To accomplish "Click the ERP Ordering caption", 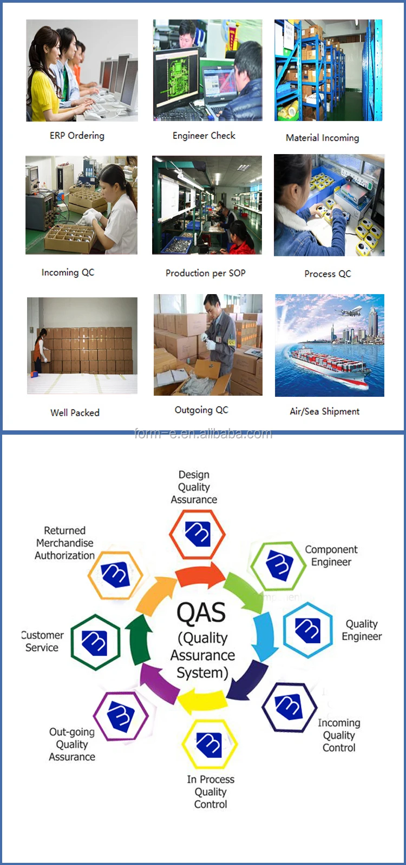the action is pos(77,136).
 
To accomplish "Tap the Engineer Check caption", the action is pos(204,136).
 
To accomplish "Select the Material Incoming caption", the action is pos(322,138).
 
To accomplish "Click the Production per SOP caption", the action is pos(205,273).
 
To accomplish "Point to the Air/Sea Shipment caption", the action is pos(324,411).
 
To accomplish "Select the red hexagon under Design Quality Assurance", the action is pos(197,534).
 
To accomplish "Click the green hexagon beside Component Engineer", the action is pos(279,566).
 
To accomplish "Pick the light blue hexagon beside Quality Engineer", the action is pos(307,630).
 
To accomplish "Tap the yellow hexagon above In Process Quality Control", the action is pos(209,744).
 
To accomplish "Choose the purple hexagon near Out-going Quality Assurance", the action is pos(121,716).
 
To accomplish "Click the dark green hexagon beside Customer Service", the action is pos(95,642).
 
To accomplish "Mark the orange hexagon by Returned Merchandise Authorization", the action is pos(115,574).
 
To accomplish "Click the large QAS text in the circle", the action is pos(201,613).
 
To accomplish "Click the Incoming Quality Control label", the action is pos(339,735).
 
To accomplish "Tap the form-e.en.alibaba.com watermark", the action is pos(203,434).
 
